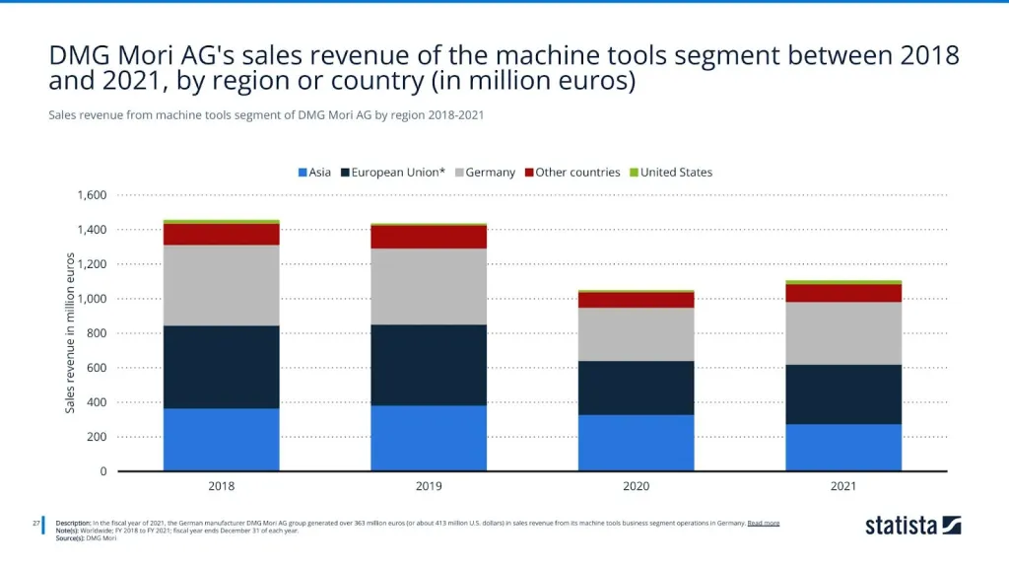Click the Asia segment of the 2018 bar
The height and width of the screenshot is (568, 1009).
pos(222,440)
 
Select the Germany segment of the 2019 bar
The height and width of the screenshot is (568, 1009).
pos(429,286)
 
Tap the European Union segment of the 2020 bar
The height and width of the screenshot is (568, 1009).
pos(636,388)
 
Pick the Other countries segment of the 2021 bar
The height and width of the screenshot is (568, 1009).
pos(842,293)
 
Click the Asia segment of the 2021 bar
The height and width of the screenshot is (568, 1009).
pos(842,448)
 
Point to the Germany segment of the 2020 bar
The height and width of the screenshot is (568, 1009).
pos(636,334)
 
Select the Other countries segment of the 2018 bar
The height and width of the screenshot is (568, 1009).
pos(222,234)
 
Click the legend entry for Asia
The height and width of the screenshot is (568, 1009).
pos(314,173)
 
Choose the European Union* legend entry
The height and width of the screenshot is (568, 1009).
pos(392,173)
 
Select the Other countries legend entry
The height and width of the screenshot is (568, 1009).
pos(572,173)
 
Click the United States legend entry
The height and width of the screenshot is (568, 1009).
pos(671,173)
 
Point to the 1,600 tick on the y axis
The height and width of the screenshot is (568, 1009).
pos(92,195)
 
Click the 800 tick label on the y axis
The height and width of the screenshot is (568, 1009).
pos(97,333)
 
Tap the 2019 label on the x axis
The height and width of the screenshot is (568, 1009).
pos(429,486)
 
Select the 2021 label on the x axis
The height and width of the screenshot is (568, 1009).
pos(842,486)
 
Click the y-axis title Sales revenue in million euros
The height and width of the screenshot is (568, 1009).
pos(70,333)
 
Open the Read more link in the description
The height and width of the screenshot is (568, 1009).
pos(764,523)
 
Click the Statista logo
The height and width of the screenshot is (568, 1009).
pos(912,526)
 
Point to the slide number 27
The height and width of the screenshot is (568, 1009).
pos(36,523)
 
